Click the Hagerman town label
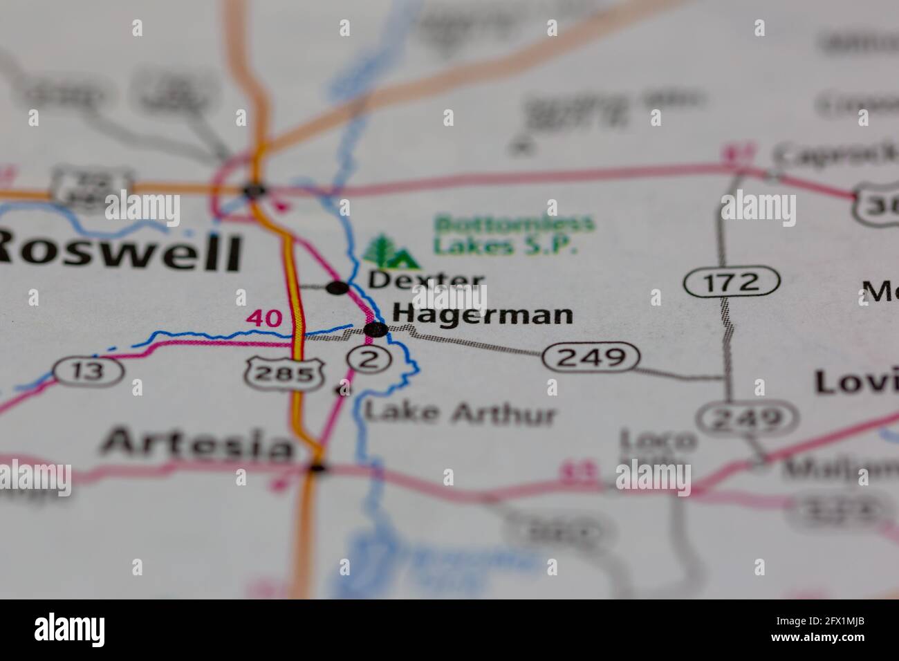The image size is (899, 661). (x=483, y=315)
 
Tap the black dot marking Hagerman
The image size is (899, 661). (x=376, y=330)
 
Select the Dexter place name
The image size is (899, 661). (x=425, y=280)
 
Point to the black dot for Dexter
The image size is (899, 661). (x=337, y=288)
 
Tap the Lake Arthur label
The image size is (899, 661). (x=460, y=413)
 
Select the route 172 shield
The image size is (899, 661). (x=732, y=282)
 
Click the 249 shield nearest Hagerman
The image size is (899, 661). (x=591, y=357)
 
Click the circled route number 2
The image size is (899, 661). (x=369, y=358)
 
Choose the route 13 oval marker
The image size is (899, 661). (x=89, y=371)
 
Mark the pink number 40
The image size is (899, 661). (x=264, y=319)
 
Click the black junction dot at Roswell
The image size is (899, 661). (x=254, y=189)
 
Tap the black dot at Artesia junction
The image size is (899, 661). (x=317, y=467)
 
